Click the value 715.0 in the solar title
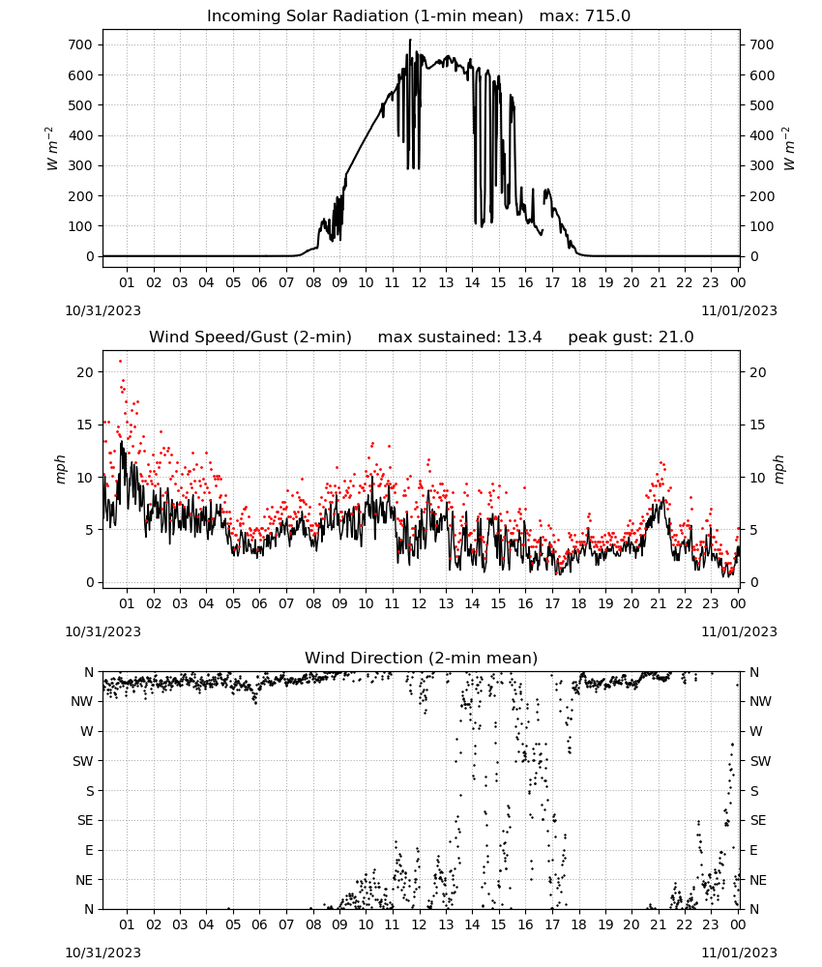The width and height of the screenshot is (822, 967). (607, 15)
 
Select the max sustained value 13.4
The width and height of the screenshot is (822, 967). (524, 337)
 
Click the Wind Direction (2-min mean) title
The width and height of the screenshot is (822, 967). (422, 658)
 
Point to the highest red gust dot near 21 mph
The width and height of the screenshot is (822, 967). (120, 362)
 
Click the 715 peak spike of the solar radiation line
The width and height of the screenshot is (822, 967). (410, 40)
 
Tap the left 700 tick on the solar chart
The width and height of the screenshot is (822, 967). (80, 44)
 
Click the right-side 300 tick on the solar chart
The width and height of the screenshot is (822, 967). (762, 165)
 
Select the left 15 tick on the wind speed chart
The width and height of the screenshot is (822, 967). (86, 425)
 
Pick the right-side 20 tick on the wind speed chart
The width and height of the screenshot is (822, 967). (758, 372)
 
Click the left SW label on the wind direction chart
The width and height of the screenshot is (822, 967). (82, 761)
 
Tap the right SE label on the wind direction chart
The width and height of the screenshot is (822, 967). (758, 820)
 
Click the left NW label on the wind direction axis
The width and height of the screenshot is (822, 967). (81, 701)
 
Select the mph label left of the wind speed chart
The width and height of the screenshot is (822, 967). (60, 469)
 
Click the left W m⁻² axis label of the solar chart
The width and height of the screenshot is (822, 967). (52, 149)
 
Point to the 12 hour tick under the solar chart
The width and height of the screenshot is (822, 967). (419, 282)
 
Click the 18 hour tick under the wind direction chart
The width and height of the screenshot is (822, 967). (578, 924)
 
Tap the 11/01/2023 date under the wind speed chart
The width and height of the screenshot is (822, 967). (739, 631)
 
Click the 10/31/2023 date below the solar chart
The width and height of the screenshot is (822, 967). (103, 310)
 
